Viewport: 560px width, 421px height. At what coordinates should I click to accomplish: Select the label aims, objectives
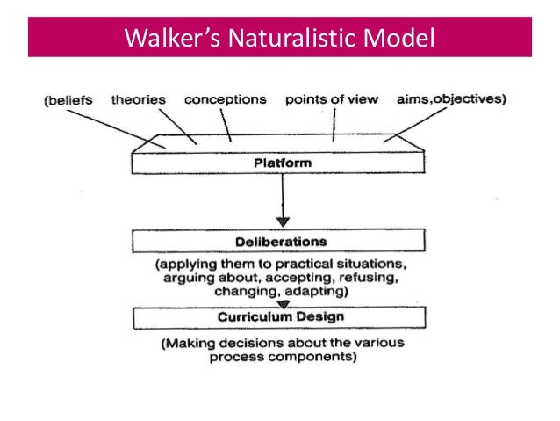[451, 99]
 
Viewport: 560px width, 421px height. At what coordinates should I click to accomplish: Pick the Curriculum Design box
[278, 316]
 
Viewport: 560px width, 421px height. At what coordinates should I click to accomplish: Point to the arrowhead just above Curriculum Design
[283, 304]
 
